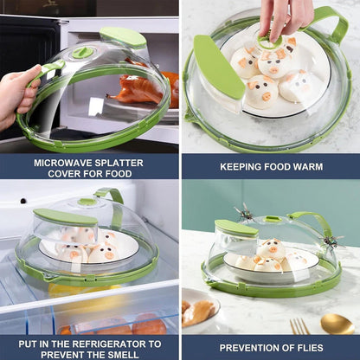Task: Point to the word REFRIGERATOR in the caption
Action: tap(107, 342)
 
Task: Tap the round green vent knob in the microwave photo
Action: tap(83, 53)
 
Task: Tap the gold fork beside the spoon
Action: tap(299, 326)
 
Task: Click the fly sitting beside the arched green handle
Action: tap(330, 241)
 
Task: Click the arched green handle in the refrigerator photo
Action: tap(111, 199)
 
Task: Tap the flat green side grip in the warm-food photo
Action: tap(219, 67)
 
